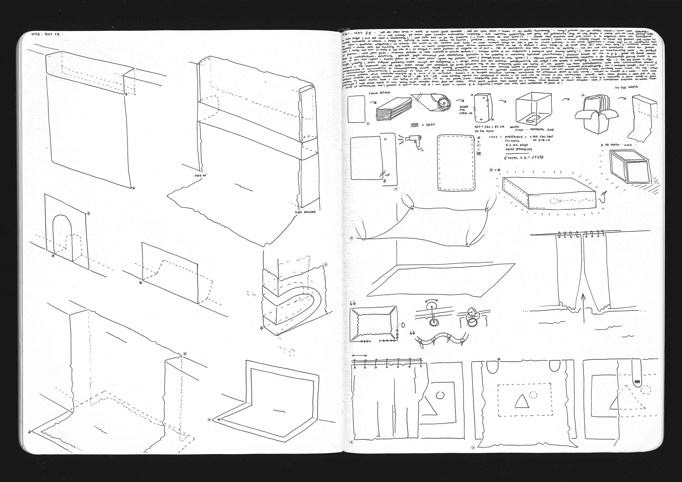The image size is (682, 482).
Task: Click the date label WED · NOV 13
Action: [46, 34]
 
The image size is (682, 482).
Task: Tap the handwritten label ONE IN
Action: [200, 175]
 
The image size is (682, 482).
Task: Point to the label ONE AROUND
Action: [305, 212]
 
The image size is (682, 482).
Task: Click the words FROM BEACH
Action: [379, 93]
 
